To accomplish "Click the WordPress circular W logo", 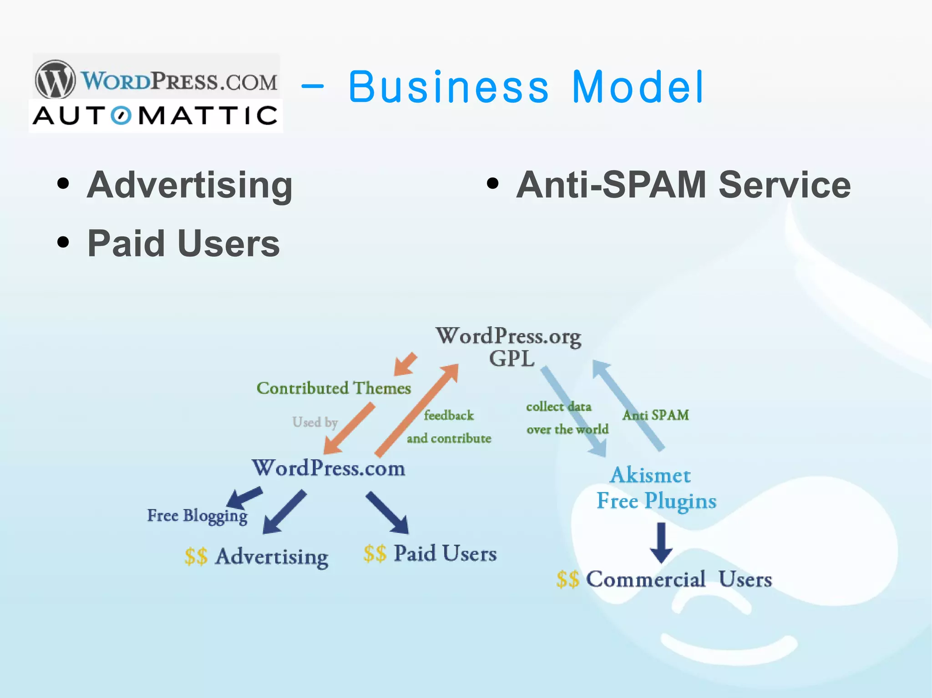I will pos(56,80).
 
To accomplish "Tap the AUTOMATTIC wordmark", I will pos(155,115).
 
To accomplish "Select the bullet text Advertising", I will pos(190,185).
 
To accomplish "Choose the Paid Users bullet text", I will pos(183,244).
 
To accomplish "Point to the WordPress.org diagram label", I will pos(508,336).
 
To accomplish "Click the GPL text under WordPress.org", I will pos(512,359).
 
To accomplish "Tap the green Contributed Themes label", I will pos(334,388).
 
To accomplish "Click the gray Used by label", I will pos(315,422).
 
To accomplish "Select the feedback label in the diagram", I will pos(449,415).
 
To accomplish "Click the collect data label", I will pos(558,407).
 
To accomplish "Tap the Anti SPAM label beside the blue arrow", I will pos(655,415).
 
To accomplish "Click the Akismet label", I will pos(650,476).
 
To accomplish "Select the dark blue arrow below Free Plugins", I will pos(661,542).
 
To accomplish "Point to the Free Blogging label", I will pos(197,516).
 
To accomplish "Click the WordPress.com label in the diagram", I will pos(329,468).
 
